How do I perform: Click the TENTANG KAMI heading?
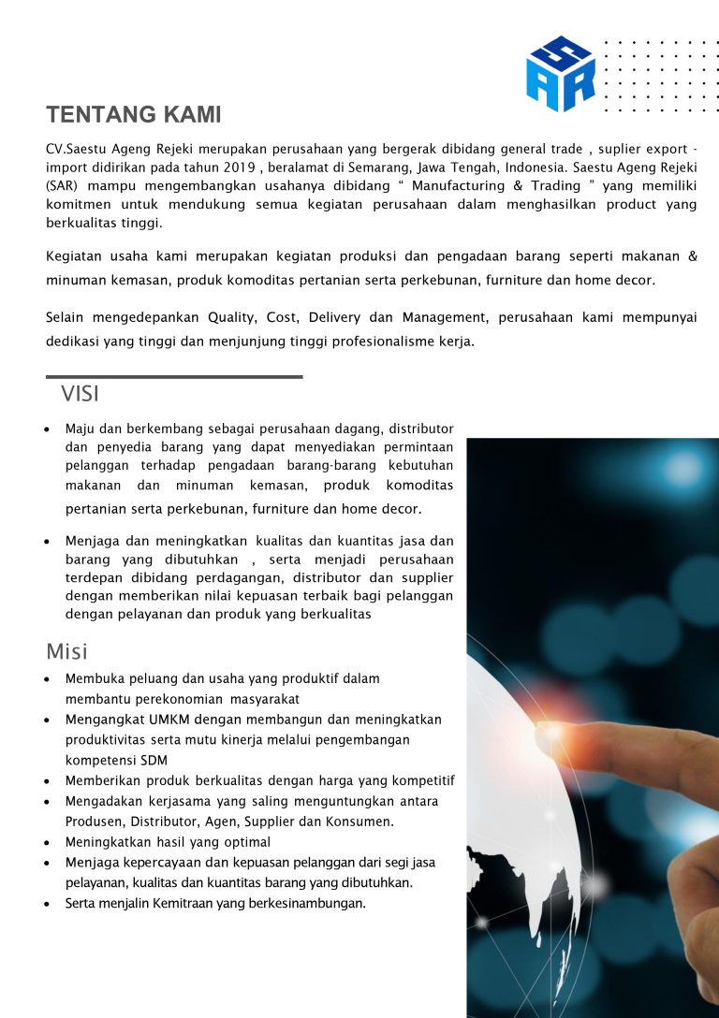(134, 115)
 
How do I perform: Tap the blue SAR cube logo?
(561, 74)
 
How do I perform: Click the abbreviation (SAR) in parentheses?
(62, 186)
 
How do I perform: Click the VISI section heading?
(81, 394)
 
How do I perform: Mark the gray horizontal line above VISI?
(174, 377)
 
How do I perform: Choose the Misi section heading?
(67, 651)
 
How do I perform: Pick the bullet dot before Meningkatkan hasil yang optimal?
(47, 842)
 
